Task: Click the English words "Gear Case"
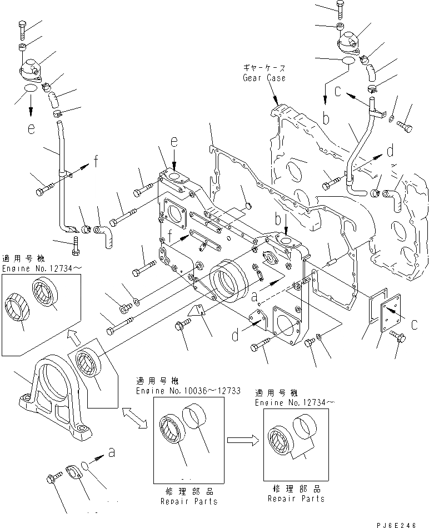coord(264,78)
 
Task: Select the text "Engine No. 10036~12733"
coord(188,391)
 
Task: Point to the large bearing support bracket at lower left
coord(56,400)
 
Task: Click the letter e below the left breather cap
coord(32,128)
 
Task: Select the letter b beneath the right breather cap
coord(327,117)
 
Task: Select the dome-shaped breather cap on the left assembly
coord(33,73)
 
